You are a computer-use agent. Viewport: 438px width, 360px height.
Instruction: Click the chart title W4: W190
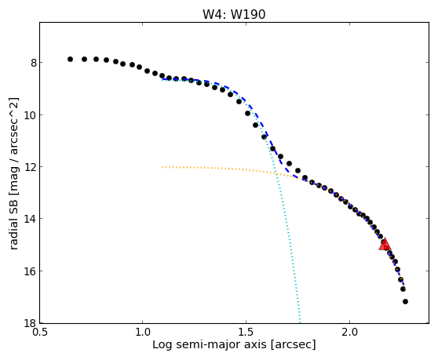234,14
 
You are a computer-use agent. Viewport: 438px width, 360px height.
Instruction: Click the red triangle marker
385,244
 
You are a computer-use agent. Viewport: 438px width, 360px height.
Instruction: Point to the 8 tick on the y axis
34,63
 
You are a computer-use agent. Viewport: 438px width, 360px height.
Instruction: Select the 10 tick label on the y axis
31,115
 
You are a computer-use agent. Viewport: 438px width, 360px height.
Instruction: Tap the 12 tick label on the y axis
31,167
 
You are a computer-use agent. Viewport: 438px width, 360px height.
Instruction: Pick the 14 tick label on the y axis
31,219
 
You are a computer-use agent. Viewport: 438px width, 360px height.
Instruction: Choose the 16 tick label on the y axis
31,271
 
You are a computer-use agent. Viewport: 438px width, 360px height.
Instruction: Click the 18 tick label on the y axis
31,323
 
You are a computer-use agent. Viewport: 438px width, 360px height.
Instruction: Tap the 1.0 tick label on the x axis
143,333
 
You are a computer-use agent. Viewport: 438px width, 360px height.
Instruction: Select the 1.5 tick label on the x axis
246,333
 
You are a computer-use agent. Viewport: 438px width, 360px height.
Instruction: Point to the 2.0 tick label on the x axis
350,333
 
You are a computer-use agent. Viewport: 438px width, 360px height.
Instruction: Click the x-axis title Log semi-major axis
210,345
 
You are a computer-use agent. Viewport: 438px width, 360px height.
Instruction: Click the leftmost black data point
70,59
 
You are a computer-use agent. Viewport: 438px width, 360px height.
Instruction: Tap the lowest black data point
405,301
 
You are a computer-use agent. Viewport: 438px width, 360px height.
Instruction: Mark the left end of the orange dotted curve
162,167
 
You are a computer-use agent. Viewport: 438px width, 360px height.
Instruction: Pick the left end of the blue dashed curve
162,79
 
